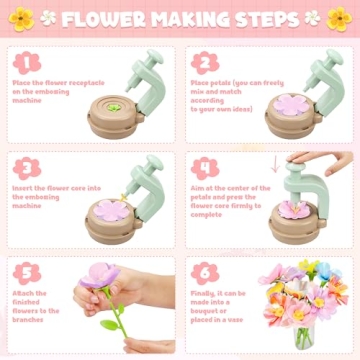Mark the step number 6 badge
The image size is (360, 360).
(204, 271)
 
